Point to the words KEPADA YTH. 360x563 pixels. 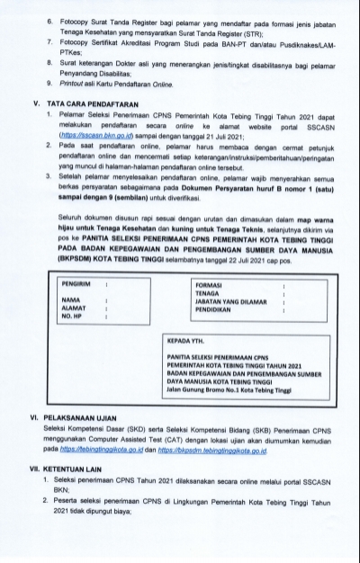tap(185, 342)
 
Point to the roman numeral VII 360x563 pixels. tap(35, 468)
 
